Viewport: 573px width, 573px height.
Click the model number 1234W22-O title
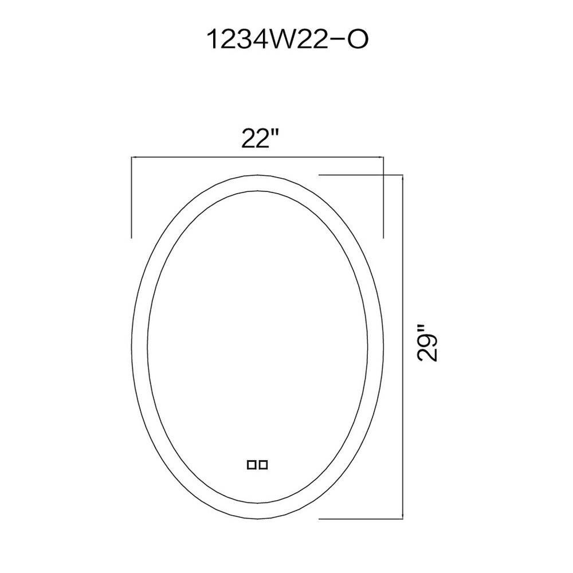(x=288, y=40)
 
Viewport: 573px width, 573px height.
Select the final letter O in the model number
(x=356, y=40)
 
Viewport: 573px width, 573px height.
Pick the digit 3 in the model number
(x=240, y=40)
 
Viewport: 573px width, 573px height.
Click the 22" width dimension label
(x=260, y=139)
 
